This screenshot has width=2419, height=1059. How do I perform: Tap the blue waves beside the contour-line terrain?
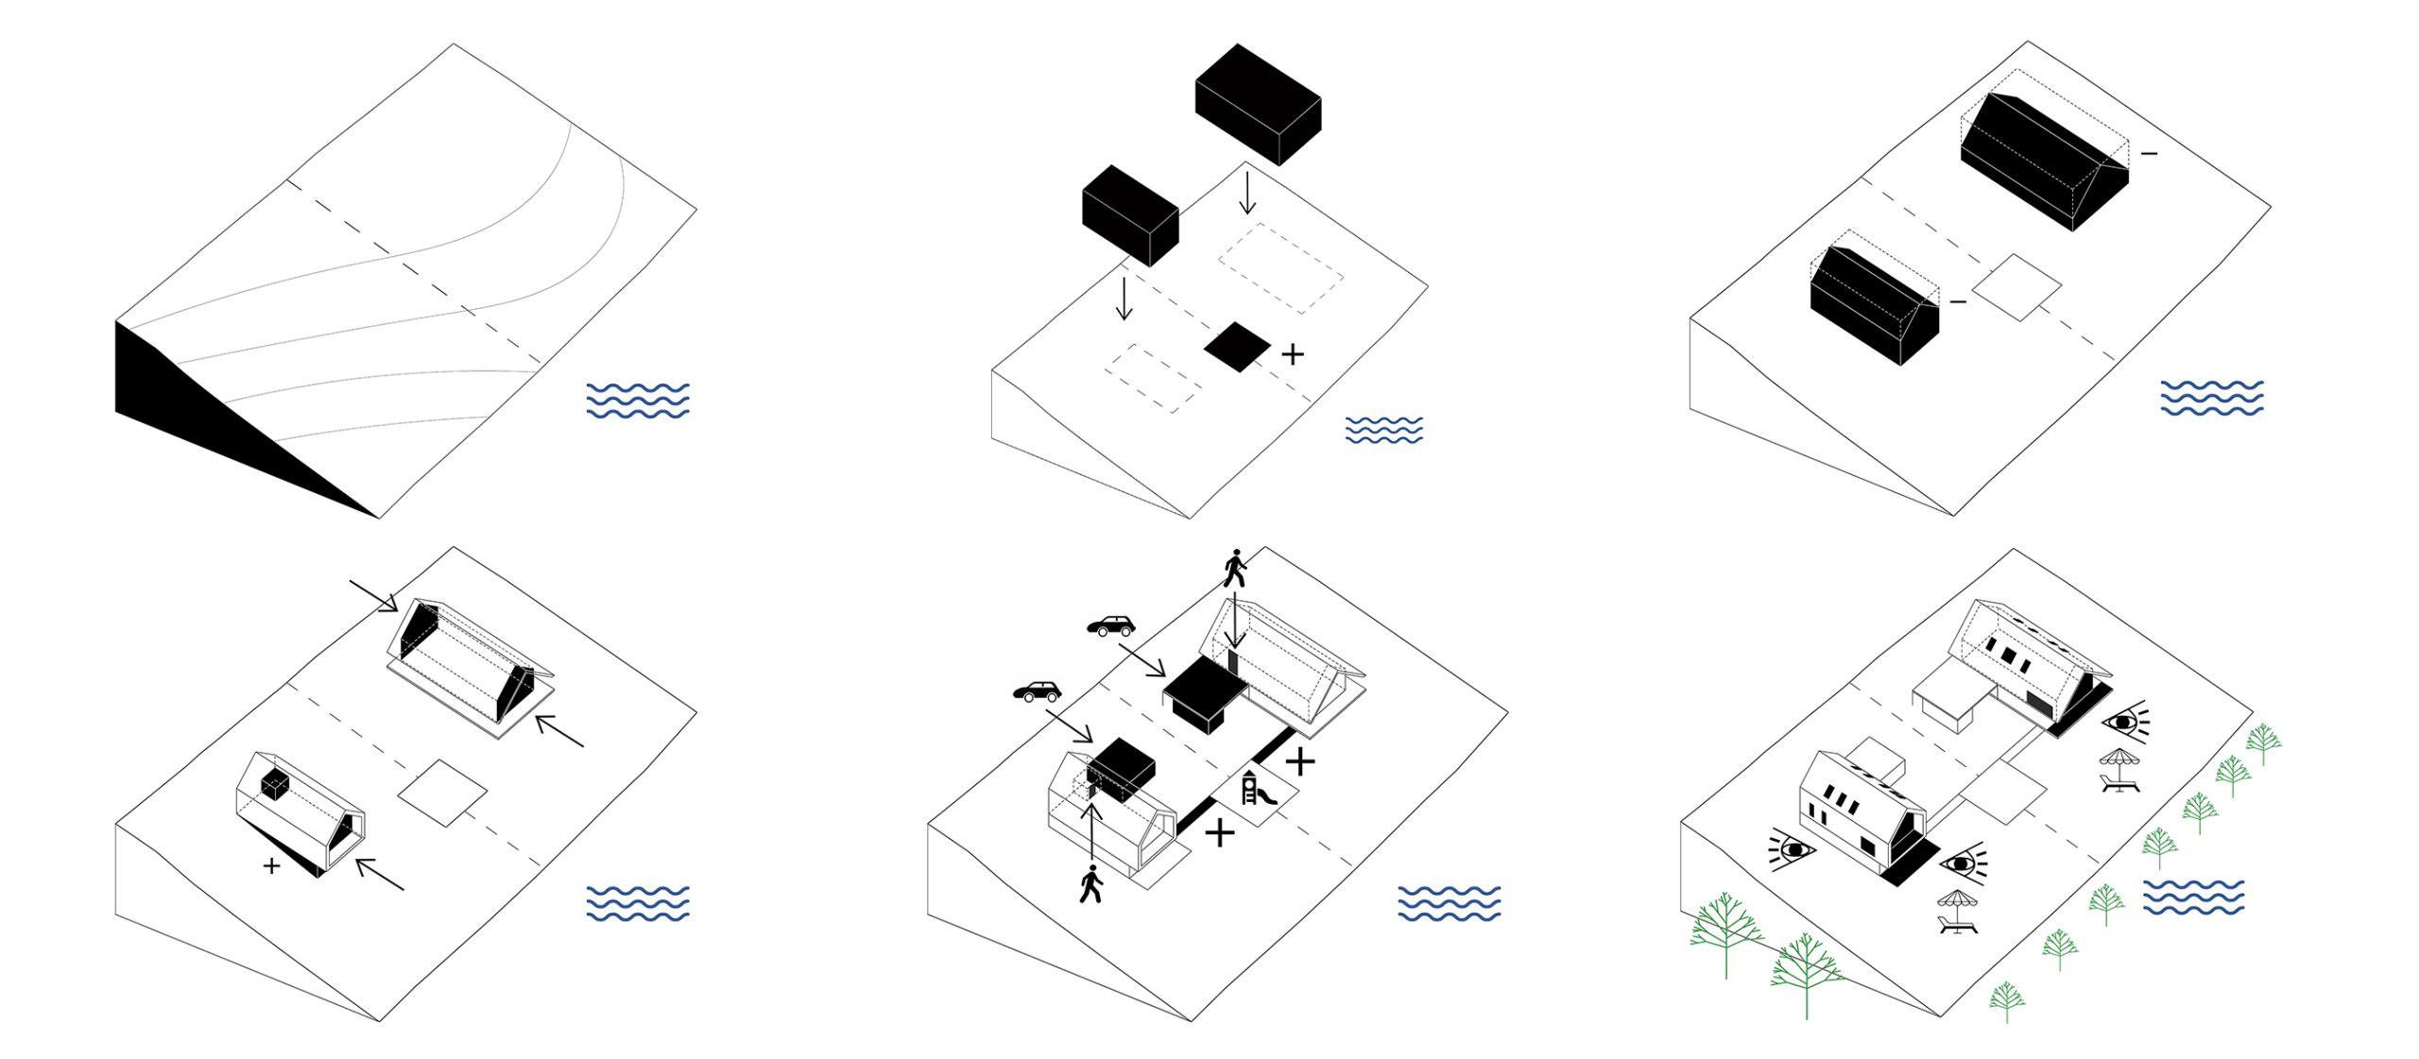point(638,401)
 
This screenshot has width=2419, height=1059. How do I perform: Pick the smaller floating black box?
point(1129,214)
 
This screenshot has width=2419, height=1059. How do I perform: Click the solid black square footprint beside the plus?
point(1237,347)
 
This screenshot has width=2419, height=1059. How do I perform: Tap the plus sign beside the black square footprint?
point(1293,354)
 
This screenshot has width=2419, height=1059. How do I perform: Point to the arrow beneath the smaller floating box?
point(1124,298)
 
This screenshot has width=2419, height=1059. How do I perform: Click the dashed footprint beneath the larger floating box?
point(1280,267)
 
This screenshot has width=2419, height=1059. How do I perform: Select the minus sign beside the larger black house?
point(2149,153)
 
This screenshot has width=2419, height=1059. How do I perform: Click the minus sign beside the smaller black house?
point(1958,302)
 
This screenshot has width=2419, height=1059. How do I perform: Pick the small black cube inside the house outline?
point(275,784)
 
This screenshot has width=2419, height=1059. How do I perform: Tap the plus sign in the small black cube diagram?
point(272,865)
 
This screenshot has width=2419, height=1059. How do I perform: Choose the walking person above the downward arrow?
point(1234,568)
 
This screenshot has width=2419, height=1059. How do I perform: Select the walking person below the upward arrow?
point(1090,885)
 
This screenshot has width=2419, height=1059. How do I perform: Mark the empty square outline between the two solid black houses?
point(2016,287)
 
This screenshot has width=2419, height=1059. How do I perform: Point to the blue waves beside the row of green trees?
point(2193,897)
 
